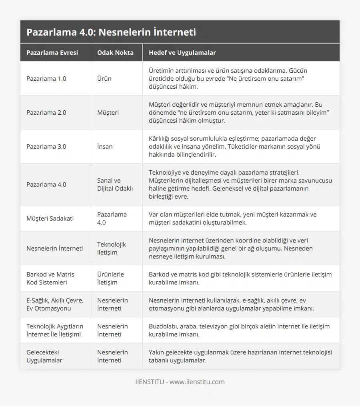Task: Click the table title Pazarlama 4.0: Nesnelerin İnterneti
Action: pyautogui.click(x=111, y=32)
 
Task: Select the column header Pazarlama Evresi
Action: pyautogui.click(x=52, y=52)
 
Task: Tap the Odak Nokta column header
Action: pyautogui.click(x=115, y=52)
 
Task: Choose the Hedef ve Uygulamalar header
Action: pyautogui.click(x=182, y=52)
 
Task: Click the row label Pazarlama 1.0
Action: pyautogui.click(x=46, y=78)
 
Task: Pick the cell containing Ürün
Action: pyautogui.click(x=104, y=78)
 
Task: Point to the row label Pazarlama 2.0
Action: pyautogui.click(x=46, y=112)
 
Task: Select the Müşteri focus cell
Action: pyautogui.click(x=108, y=112)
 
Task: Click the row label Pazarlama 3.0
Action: pyautogui.click(x=46, y=146)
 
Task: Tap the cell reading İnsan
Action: pyautogui.click(x=105, y=146)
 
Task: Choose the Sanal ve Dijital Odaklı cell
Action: pyautogui.click(x=115, y=184)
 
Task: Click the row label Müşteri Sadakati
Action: pyautogui.click(x=50, y=218)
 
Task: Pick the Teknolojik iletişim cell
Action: pyautogui.click(x=111, y=248)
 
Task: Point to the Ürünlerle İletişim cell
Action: pyautogui.click(x=110, y=278)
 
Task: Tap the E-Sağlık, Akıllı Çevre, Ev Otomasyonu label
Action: pyautogui.click(x=55, y=304)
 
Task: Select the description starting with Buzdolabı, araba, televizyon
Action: pyautogui.click(x=239, y=330)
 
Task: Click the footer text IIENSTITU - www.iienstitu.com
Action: pyautogui.click(x=180, y=382)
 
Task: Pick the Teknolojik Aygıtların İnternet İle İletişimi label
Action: pyautogui.click(x=54, y=330)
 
